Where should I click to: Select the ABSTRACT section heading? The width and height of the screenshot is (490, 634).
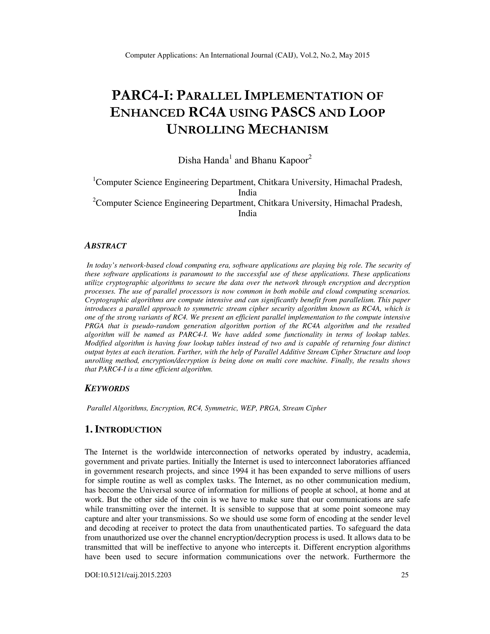pos(105,246)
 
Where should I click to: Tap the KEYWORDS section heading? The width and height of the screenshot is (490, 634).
pos(107,388)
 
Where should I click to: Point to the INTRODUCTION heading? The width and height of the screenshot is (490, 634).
pos(128,429)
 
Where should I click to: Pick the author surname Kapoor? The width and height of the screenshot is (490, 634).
pos(293,160)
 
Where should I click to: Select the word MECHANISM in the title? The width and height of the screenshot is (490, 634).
pos(288,129)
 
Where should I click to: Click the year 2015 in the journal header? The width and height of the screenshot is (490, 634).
pos(362,55)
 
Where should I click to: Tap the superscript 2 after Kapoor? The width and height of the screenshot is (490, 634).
pos(310,157)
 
